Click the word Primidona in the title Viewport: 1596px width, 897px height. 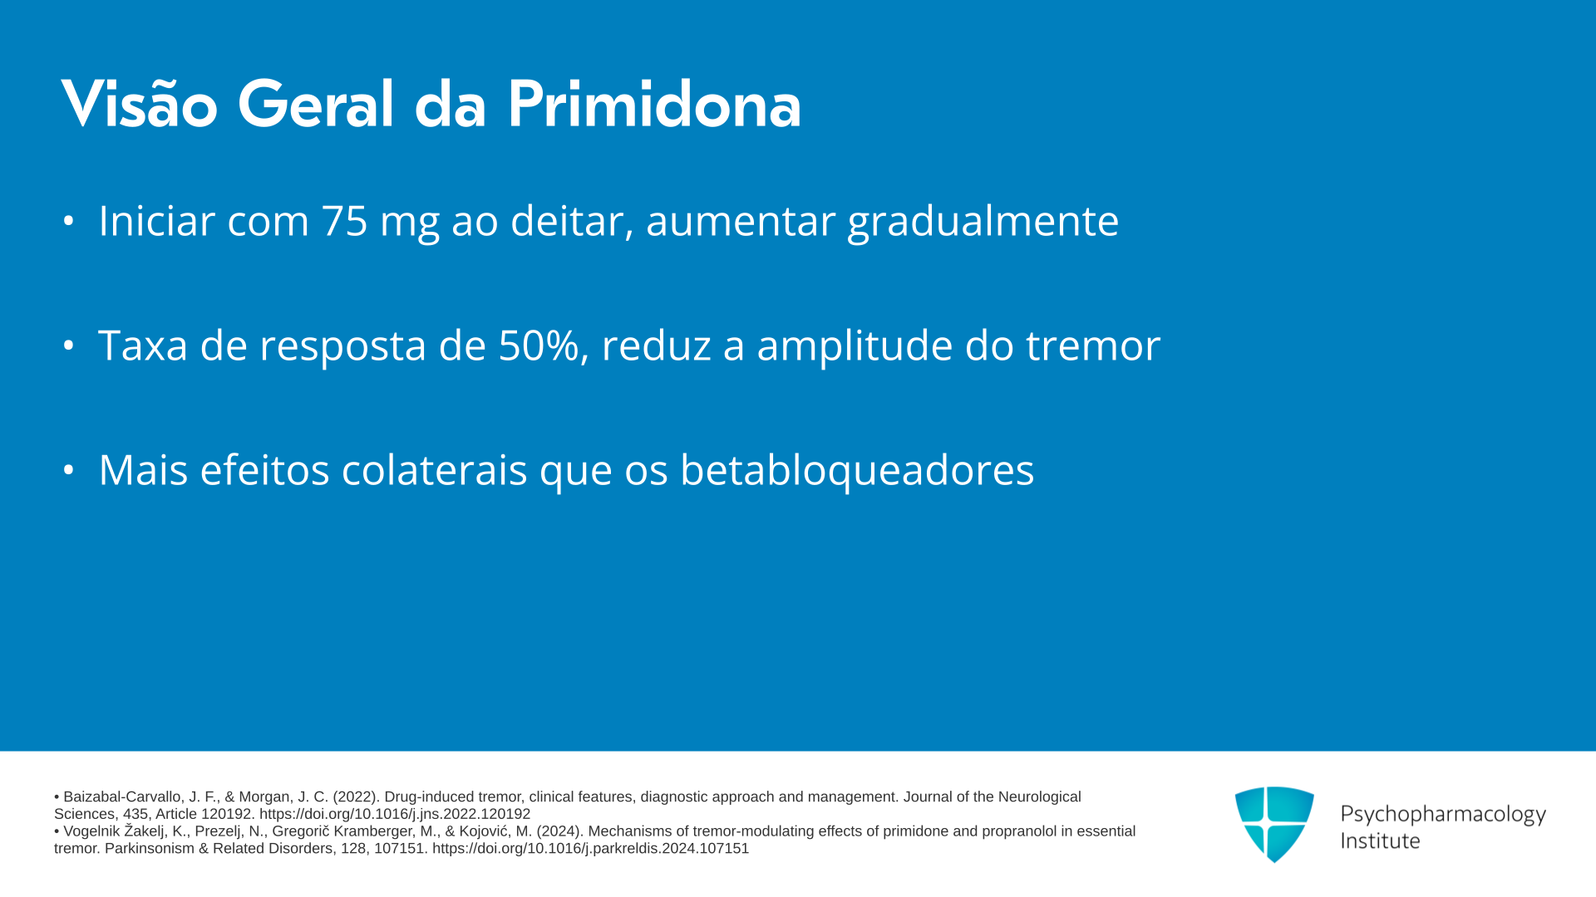(x=653, y=105)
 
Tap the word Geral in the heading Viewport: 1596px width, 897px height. (x=316, y=105)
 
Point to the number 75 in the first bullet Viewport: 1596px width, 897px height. (x=344, y=221)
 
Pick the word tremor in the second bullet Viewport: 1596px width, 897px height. (x=1093, y=346)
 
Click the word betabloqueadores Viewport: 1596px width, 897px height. (x=857, y=470)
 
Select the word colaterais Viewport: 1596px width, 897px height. (x=434, y=470)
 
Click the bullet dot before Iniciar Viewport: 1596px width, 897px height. (x=69, y=221)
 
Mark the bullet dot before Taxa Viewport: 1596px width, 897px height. (x=69, y=346)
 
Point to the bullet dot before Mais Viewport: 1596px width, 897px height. (x=69, y=470)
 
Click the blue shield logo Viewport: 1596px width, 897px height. (x=1274, y=824)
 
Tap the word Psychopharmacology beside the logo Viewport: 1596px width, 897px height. (x=1443, y=815)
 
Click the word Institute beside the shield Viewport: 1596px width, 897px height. (x=1381, y=841)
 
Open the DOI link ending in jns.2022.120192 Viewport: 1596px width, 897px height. (x=395, y=815)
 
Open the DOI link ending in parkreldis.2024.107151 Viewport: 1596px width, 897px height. (x=590, y=849)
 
